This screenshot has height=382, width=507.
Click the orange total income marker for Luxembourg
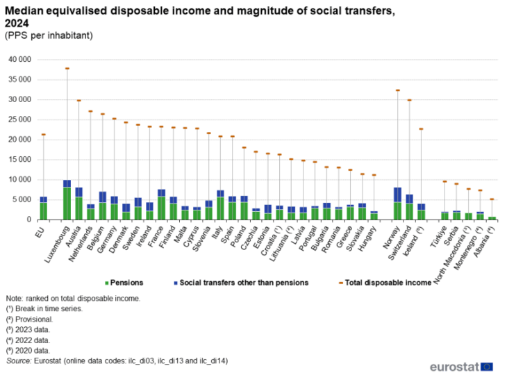[67, 69]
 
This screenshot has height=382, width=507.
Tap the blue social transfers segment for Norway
[397, 194]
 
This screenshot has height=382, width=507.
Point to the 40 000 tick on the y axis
[19, 60]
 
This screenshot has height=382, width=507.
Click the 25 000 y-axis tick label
[19, 119]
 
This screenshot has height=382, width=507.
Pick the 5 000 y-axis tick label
[22, 200]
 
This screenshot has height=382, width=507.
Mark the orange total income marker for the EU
[43, 135]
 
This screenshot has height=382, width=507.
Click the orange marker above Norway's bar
[397, 90]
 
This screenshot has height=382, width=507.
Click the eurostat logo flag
[488, 366]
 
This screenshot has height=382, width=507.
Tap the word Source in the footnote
[18, 361]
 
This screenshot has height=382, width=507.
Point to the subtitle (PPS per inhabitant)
[49, 35]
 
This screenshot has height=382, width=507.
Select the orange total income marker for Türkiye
[444, 182]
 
